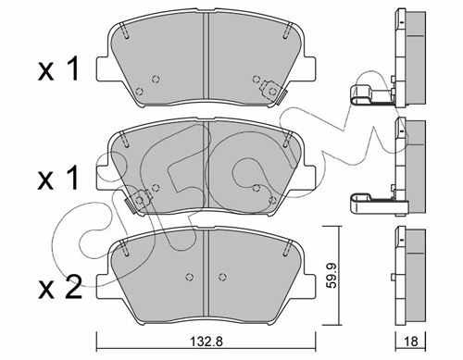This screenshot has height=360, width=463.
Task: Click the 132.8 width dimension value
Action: click(x=206, y=341)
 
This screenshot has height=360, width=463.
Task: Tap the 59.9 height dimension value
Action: click(x=332, y=276)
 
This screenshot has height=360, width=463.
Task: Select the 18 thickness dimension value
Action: click(x=411, y=341)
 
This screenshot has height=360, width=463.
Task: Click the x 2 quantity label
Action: click(x=60, y=287)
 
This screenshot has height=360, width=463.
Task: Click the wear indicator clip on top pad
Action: click(x=273, y=92)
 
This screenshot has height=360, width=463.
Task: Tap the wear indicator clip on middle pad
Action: click(x=138, y=201)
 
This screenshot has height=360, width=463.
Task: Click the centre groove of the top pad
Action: click(x=206, y=58)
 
